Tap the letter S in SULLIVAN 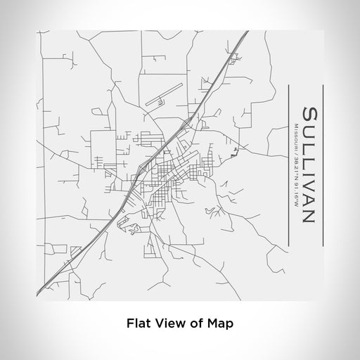click(x=307, y=114)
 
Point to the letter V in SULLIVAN click(x=307, y=185)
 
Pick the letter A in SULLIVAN click(x=307, y=200)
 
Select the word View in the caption click(x=167, y=323)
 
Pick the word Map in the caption click(x=220, y=323)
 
